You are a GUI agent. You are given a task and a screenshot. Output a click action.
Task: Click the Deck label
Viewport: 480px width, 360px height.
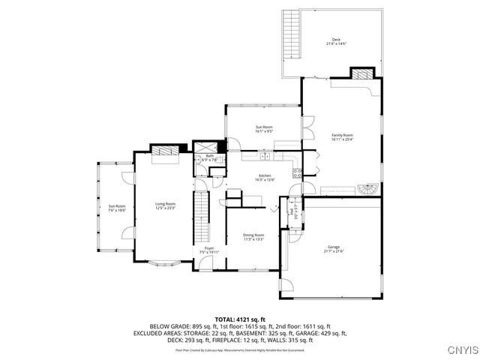pos(335,41)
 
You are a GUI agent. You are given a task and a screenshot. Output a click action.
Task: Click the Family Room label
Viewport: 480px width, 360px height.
pos(342,136)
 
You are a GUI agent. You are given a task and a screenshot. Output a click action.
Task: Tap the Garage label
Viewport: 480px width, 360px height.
pos(334,248)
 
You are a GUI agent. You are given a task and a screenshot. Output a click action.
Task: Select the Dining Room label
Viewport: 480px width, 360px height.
pos(253,236)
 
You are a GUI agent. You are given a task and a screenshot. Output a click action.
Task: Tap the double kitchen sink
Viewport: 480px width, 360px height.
pos(265,157)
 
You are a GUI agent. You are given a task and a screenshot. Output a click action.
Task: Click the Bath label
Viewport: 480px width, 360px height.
pos(209,157)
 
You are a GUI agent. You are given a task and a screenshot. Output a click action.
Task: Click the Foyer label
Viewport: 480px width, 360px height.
pos(209,250)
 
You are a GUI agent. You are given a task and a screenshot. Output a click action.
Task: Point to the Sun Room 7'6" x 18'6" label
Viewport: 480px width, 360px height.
pos(116,208)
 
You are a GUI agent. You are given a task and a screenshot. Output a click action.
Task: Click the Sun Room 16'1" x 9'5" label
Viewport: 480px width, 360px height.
pos(264,128)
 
